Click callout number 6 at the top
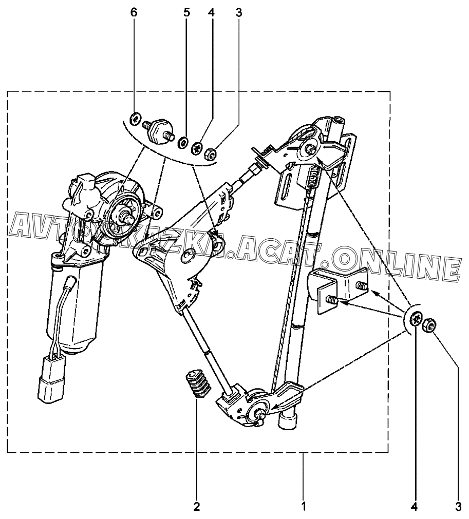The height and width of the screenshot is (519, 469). [134, 12]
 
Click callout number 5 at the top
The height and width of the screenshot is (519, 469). [186, 12]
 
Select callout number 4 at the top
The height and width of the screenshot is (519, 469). [211, 12]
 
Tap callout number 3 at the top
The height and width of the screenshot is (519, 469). [238, 12]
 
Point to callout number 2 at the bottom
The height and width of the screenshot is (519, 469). [196, 507]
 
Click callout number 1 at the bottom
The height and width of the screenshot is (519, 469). [304, 507]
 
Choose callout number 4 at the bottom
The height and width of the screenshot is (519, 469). [415, 507]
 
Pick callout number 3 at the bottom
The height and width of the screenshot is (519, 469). [457, 507]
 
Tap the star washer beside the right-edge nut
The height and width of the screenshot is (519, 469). [417, 320]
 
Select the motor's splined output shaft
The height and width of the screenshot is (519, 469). [126, 216]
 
